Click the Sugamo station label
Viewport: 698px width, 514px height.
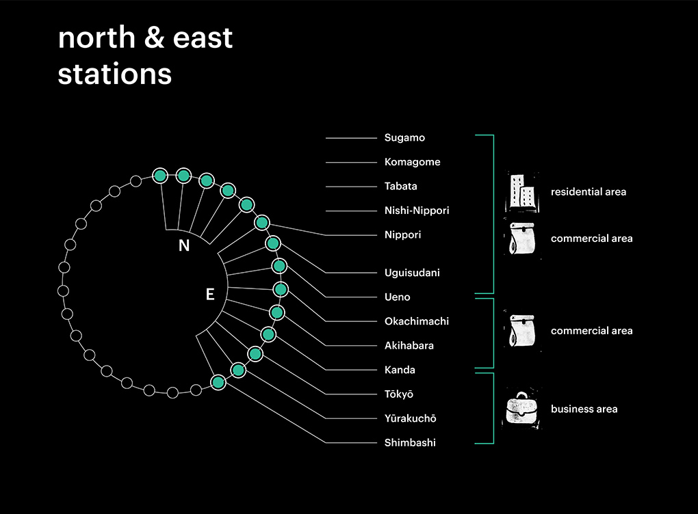click(404, 138)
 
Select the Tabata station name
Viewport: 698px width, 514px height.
click(400, 186)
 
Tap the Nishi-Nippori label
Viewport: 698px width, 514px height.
click(417, 211)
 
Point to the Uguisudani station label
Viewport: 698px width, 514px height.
click(412, 273)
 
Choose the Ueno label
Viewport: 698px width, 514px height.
click(397, 297)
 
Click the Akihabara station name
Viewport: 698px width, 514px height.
click(409, 345)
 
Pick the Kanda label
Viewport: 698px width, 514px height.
click(400, 370)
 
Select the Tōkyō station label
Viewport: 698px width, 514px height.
click(399, 394)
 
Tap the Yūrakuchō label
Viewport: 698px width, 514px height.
click(411, 418)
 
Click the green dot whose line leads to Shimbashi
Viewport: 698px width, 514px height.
click(218, 382)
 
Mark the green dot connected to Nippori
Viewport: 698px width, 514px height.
click(262, 222)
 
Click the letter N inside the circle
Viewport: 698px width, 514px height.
click(184, 245)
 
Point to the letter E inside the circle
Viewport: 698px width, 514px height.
click(210, 294)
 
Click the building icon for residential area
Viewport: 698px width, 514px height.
click(522, 191)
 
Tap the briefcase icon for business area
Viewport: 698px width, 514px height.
click(522, 409)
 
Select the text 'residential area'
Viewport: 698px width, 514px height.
click(589, 191)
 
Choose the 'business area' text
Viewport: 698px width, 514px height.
click(584, 409)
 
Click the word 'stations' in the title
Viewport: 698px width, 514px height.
click(115, 74)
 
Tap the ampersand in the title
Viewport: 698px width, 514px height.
click(155, 38)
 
